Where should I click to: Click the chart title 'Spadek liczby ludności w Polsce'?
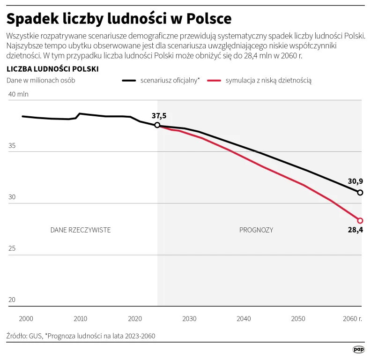click(119, 18)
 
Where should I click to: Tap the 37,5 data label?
click(159, 115)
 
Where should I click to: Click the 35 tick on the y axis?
click(12, 146)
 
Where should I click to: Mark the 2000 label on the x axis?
click(26, 319)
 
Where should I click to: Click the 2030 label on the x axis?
click(189, 319)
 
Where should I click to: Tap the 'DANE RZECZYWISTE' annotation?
click(81, 230)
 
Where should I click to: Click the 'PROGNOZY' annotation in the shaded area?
click(256, 230)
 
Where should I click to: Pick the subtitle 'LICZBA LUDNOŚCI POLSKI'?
click(52, 69)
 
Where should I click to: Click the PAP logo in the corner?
click(359, 350)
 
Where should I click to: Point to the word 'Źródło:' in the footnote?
click(17, 336)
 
